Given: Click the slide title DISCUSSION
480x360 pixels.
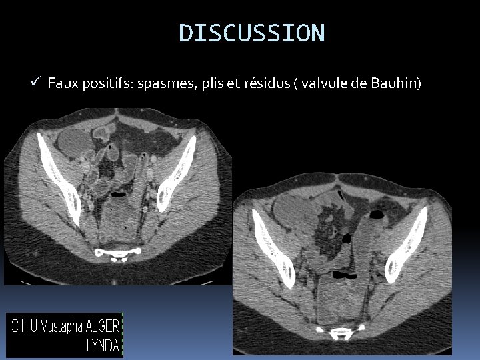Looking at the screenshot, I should pyautogui.click(x=252, y=32).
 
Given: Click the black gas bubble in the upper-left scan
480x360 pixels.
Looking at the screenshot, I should pyautogui.click(x=118, y=196).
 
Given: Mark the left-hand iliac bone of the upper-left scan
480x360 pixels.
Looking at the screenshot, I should pyautogui.click(x=59, y=177).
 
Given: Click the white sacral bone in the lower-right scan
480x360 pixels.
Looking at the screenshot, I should pyautogui.click(x=342, y=331).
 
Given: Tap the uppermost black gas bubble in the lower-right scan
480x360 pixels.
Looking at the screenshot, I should pyautogui.click(x=377, y=215).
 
